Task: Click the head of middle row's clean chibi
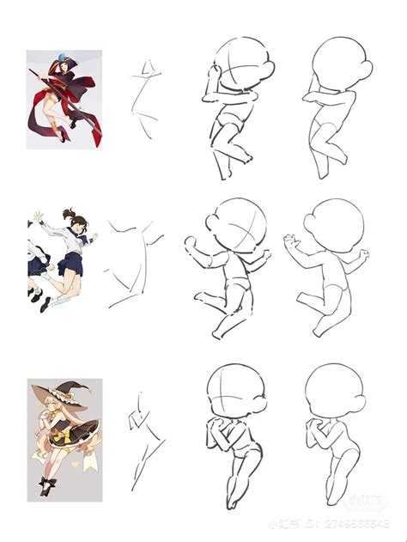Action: (x=337, y=227)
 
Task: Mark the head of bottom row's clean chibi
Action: (x=332, y=393)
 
